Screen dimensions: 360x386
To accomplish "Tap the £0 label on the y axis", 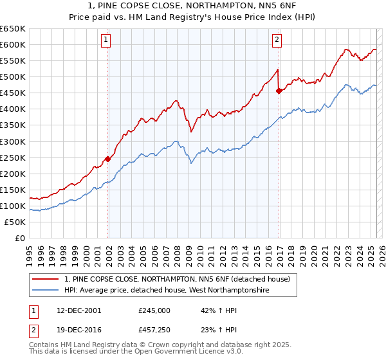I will coord(19,238).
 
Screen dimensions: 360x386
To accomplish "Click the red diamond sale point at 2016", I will coord(279,91).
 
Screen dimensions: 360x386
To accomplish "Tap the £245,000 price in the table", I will coord(154,310).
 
